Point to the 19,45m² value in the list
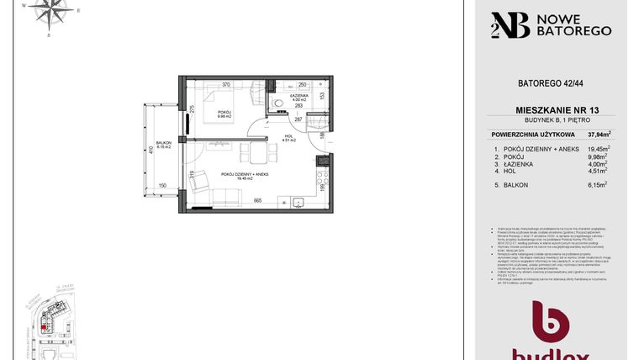pyautogui.click(x=599, y=149)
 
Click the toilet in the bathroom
pyautogui.click(x=277, y=104)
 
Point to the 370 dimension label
pyautogui.click(x=226, y=84)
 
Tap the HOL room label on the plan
pyautogui.click(x=287, y=137)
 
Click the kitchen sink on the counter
pyautogui.click(x=298, y=201)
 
